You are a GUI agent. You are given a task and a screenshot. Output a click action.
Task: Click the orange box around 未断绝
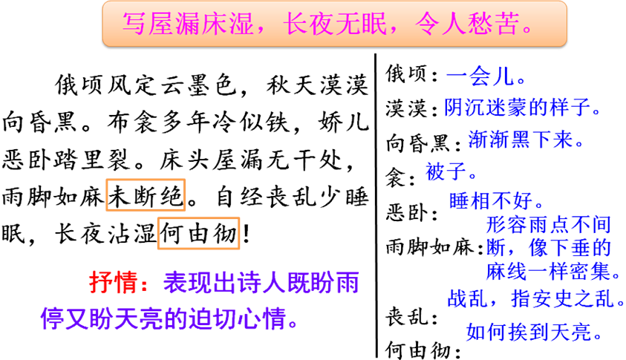coord(146,194)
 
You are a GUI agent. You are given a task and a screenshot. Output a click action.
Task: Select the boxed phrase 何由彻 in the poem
coord(199,233)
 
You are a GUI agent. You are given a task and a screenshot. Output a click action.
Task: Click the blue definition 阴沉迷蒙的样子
coord(518,107)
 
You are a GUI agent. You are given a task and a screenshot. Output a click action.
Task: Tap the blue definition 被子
coord(446,171)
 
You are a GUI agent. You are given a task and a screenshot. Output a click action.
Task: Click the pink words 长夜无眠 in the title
coord(335,23)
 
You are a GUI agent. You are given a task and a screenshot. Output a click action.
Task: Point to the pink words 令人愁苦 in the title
coord(467,23)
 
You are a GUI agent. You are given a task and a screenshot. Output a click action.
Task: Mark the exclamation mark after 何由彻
coord(246,234)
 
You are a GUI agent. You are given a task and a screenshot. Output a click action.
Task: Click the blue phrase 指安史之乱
coord(562,298)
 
